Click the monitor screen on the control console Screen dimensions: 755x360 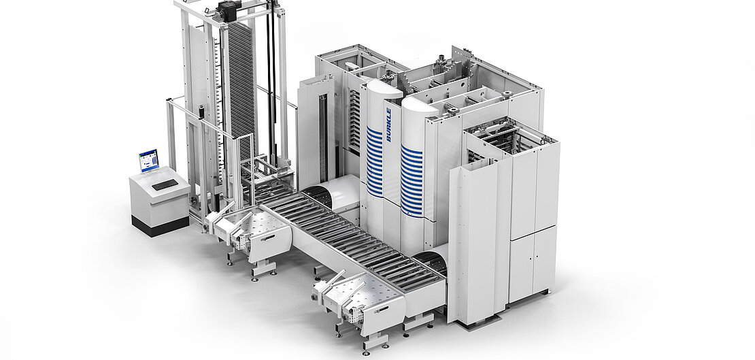pyautogui.click(x=149, y=161)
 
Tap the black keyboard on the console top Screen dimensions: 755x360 pyautogui.click(x=165, y=184)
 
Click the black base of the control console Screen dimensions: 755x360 pyautogui.click(x=161, y=226)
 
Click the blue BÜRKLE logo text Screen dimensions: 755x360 pyautogui.click(x=388, y=125)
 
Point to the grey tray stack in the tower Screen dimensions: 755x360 pyautogui.click(x=241, y=82)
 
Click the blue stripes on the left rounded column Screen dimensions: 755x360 pyautogui.click(x=375, y=161)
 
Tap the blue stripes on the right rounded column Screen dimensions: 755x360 pyautogui.click(x=412, y=181)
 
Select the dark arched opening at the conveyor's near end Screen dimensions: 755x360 pyautogui.click(x=429, y=263)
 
